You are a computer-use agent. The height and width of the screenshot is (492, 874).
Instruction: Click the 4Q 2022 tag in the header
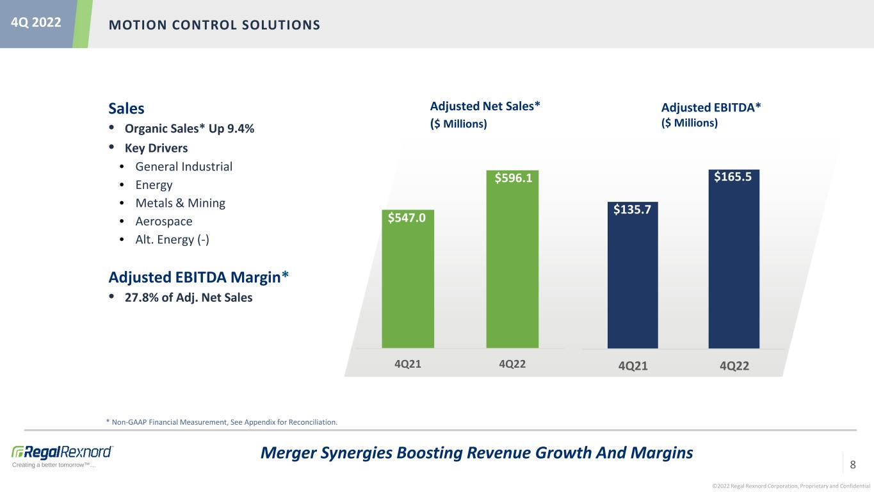36,22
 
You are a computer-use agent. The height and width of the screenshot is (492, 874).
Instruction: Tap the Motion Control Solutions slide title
214,25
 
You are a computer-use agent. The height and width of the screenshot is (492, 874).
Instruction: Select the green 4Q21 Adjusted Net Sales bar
408,279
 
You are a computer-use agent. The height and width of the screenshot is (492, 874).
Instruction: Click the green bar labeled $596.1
512,259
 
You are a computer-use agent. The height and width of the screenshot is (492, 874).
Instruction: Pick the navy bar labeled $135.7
633,275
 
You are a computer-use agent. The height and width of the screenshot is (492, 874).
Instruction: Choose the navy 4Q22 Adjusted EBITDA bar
734,259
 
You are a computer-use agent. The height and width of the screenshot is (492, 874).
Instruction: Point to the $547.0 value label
407,218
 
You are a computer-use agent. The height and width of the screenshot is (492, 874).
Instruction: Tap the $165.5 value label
732,177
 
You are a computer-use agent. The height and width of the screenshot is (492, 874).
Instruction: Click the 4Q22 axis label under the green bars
512,364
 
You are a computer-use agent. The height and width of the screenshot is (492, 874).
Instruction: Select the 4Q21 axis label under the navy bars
633,366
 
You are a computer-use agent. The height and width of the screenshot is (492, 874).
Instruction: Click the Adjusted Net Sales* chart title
485,106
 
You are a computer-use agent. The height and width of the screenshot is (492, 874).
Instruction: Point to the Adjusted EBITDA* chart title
711,108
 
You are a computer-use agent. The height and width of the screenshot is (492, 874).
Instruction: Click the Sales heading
126,108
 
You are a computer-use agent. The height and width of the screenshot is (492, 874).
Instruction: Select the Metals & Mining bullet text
181,203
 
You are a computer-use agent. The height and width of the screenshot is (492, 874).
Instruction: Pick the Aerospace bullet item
164,222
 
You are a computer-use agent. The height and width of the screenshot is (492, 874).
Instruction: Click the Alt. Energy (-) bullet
172,240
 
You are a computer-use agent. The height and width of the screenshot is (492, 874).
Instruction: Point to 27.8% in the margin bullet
142,297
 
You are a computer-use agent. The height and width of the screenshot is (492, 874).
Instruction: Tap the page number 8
853,464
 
